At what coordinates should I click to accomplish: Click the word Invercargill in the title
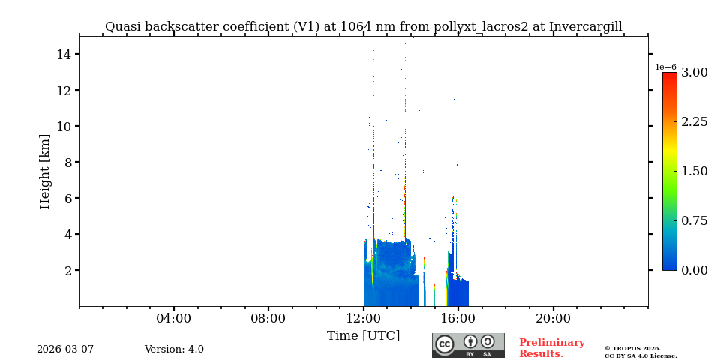pos(585,27)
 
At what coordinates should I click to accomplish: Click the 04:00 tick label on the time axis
pos(174,318)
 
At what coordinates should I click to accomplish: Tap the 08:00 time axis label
pos(268,318)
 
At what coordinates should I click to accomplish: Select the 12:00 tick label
pos(364,318)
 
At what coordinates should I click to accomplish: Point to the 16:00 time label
pos(458,318)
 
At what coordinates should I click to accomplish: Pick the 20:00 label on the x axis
pos(553,318)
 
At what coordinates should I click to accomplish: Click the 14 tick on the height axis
pos(64,54)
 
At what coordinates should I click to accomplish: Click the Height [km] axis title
pos(45,171)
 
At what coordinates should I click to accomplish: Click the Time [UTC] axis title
pos(364,336)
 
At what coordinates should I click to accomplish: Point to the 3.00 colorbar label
pos(694,73)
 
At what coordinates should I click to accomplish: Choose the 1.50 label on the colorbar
pos(694,171)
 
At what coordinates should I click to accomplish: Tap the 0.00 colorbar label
pos(694,270)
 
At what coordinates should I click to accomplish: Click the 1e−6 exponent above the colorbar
pos(665,67)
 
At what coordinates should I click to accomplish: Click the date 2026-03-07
pos(65,349)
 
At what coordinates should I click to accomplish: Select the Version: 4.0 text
pos(174,349)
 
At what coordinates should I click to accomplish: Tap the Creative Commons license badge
pos(468,345)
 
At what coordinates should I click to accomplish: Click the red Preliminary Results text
pos(551,348)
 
